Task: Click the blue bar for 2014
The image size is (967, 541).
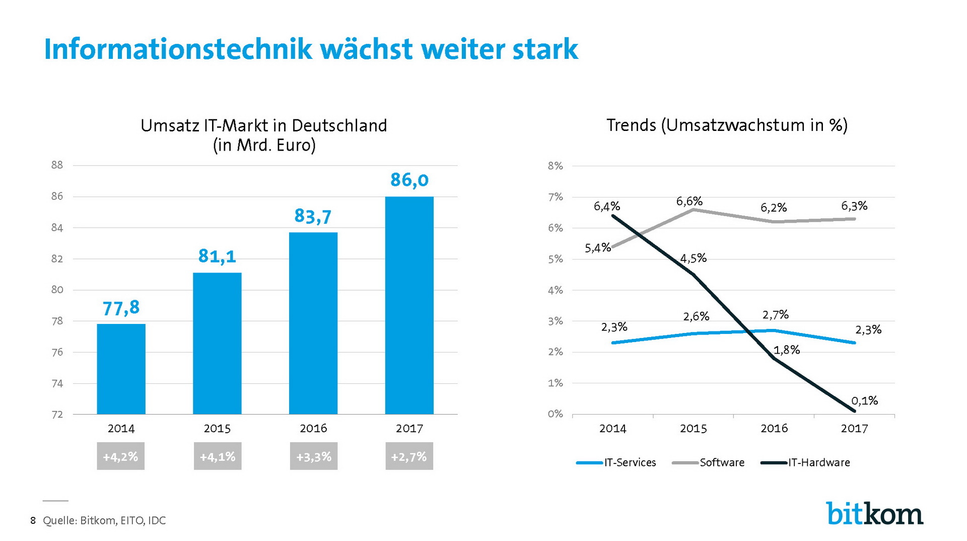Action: click(121, 369)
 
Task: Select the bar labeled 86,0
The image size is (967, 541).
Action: click(409, 305)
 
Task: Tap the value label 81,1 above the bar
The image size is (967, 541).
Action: click(217, 256)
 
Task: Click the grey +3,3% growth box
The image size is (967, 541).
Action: click(313, 456)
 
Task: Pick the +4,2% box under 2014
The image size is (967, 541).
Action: click(120, 456)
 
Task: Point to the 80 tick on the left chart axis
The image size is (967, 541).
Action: click(57, 290)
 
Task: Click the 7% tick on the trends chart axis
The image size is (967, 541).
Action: click(555, 197)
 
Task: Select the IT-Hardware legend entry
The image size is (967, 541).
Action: click(805, 462)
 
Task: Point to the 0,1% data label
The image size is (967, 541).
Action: click(864, 401)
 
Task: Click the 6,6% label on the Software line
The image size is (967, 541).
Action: click(689, 201)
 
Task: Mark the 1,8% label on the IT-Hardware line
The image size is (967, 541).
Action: click(786, 350)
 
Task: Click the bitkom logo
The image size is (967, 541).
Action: click(874, 514)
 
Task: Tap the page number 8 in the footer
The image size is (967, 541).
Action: click(33, 521)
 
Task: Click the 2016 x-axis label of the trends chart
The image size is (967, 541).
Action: click(774, 429)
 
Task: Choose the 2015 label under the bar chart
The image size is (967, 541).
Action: click(217, 429)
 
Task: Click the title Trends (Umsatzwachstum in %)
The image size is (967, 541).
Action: click(727, 125)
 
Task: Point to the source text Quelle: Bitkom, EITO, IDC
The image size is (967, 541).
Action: click(104, 521)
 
